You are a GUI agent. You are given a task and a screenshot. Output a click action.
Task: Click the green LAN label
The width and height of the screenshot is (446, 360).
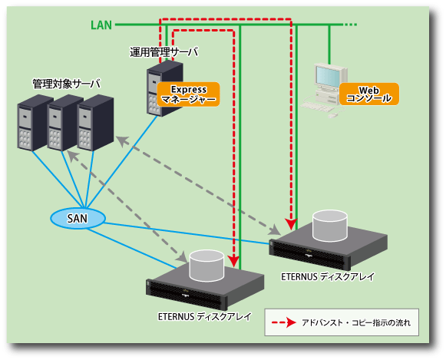(x=101, y=25)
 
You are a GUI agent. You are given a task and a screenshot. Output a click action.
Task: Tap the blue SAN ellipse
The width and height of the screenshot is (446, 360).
(x=78, y=219)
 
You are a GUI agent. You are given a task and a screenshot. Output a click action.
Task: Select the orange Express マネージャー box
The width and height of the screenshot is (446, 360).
(x=189, y=94)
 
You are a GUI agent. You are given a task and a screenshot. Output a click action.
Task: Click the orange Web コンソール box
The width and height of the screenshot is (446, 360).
(x=369, y=94)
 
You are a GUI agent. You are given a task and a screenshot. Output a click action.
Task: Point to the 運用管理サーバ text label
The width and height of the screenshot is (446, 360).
(x=164, y=52)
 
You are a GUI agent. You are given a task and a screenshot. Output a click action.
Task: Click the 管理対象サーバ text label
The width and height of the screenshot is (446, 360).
(x=67, y=84)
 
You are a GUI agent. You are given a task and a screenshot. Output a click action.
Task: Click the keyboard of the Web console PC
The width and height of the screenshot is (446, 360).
(x=317, y=107)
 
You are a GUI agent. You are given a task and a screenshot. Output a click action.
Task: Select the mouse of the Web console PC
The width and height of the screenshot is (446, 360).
(x=332, y=115)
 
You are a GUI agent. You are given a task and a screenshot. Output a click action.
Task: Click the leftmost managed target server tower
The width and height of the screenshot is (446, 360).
(x=35, y=123)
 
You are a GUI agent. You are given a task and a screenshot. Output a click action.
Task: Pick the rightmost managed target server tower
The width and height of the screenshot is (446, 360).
(x=95, y=123)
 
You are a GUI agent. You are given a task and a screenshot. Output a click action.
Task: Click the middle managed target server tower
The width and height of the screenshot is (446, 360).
(x=64, y=123)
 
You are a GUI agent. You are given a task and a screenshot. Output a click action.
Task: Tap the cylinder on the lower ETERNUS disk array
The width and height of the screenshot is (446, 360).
(x=206, y=266)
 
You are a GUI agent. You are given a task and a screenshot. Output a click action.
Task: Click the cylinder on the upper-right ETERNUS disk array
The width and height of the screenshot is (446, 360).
(x=329, y=226)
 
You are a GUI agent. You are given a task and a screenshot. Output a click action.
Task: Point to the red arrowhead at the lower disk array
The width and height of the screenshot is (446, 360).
(x=234, y=261)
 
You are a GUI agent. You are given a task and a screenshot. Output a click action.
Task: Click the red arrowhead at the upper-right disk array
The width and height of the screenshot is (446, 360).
(x=291, y=224)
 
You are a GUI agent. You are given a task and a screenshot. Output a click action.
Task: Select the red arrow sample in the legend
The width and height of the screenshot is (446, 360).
(x=284, y=322)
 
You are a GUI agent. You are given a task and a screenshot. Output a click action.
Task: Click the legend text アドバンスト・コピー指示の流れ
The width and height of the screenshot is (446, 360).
(x=356, y=322)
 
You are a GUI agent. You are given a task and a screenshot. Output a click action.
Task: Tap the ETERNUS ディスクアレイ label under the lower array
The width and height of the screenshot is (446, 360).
(x=205, y=316)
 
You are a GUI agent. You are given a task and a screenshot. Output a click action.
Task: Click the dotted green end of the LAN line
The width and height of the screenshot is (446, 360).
(x=350, y=25)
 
